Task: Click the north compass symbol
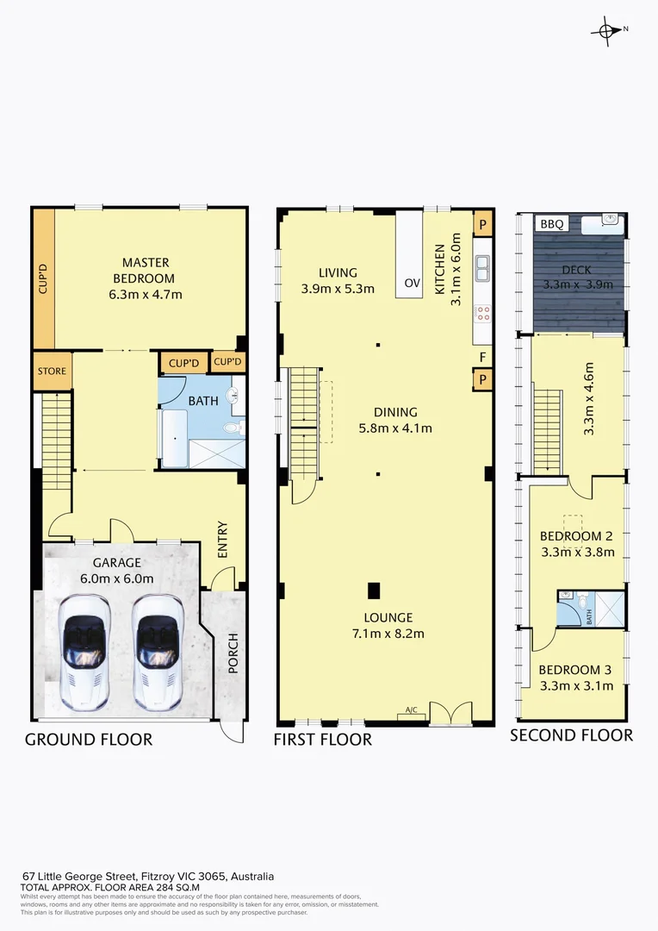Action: (x=609, y=30)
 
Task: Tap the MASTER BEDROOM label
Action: (x=145, y=270)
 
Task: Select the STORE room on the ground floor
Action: (x=51, y=372)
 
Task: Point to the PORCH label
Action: (x=232, y=653)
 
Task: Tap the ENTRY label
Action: (x=223, y=540)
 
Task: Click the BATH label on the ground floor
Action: (x=203, y=400)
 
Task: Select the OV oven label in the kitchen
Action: (x=411, y=284)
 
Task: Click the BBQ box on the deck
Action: (x=552, y=224)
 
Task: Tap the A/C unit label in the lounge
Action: (x=412, y=710)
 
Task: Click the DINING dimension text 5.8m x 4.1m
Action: (x=395, y=428)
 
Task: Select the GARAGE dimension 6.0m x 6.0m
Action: (x=123, y=578)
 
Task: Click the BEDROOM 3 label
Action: (x=575, y=670)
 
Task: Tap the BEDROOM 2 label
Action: (x=576, y=536)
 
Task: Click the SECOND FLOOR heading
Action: (x=571, y=735)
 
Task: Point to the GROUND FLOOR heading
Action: (x=89, y=740)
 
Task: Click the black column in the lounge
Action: (x=374, y=590)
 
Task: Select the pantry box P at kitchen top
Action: (x=482, y=223)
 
